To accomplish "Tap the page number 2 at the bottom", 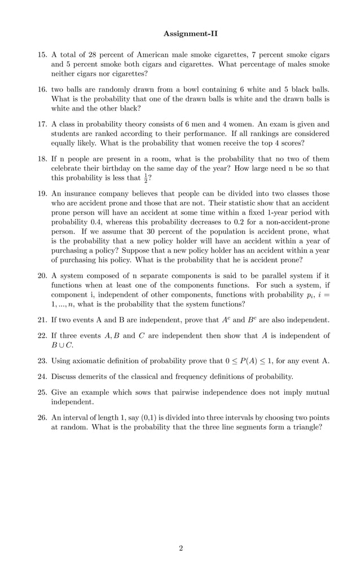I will click(181, 548).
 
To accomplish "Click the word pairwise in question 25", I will click(163, 392).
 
